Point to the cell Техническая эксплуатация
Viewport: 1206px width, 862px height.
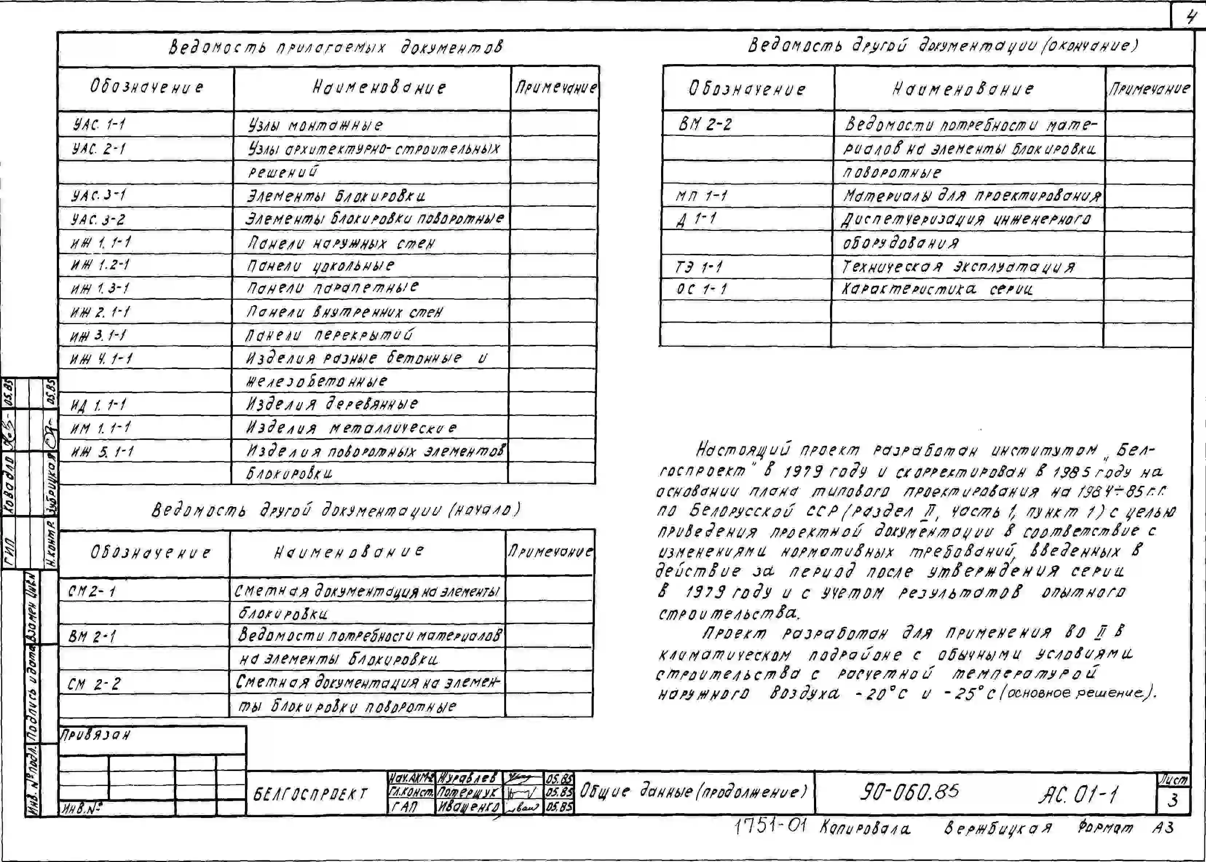pyautogui.click(x=959, y=267)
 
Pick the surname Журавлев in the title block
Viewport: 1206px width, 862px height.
pyautogui.click(x=467, y=778)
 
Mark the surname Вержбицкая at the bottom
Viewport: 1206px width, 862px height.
pyautogui.click(x=997, y=828)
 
